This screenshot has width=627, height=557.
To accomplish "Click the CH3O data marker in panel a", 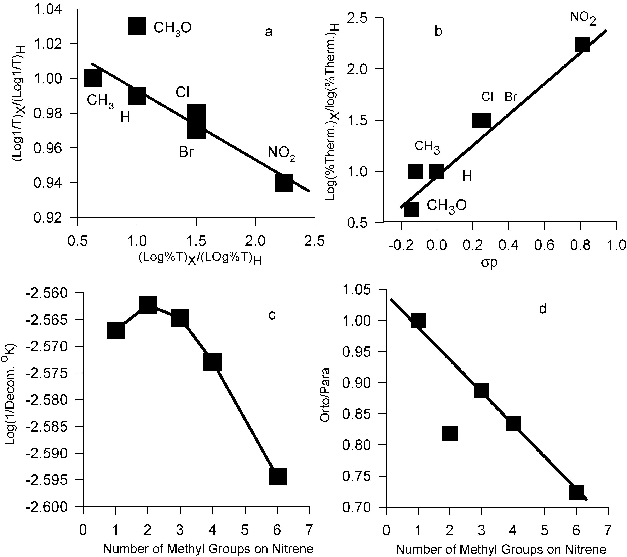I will pos(137,26).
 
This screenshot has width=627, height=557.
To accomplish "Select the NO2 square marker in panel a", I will pos(284,182).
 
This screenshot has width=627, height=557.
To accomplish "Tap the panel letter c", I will pos(272,315).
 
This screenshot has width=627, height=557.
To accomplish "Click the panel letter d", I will pos(543,309).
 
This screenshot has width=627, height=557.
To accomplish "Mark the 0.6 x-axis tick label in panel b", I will pos(544,245).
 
